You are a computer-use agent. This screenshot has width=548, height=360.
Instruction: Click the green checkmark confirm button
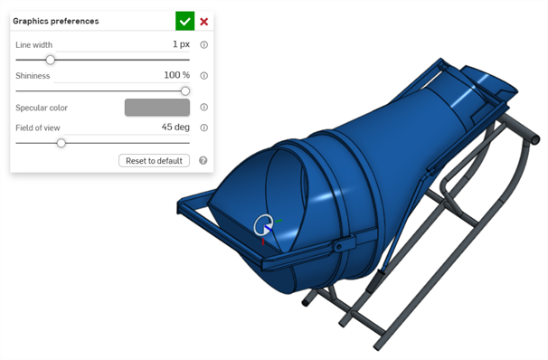click(184, 21)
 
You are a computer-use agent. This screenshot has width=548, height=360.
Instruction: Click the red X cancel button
click(204, 22)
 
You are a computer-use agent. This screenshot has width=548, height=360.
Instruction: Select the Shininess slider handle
click(185, 91)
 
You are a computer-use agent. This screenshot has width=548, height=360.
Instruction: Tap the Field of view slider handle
click(61, 143)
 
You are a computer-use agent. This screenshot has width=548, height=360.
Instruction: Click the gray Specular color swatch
click(157, 108)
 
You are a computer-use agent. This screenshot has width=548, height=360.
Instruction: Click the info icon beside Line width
click(203, 44)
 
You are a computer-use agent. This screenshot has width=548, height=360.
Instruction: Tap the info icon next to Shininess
click(203, 75)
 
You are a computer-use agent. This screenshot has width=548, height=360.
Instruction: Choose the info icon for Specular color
click(203, 107)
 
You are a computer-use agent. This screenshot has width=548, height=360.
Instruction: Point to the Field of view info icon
click(203, 128)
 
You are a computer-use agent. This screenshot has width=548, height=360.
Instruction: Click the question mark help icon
click(203, 160)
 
